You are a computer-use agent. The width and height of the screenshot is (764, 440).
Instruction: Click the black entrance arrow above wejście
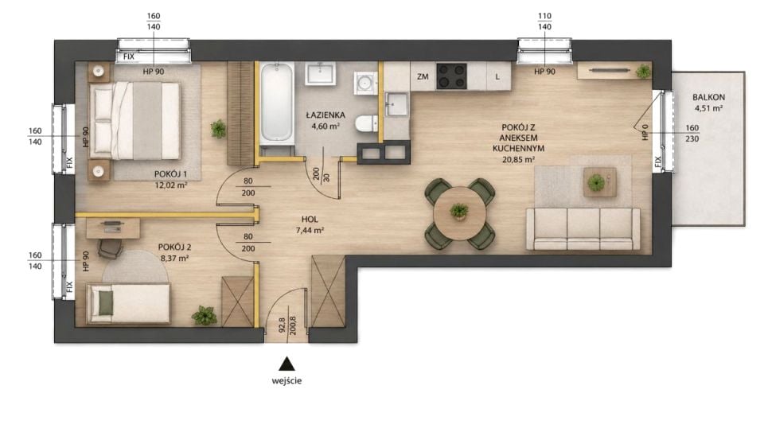pyautogui.click(x=287, y=364)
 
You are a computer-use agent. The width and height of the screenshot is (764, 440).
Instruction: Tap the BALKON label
pyautogui.click(x=708, y=97)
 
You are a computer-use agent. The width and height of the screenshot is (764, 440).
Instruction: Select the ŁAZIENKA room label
pyautogui.click(x=325, y=115)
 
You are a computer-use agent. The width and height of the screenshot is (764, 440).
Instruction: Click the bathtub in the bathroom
pyautogui.click(x=276, y=103)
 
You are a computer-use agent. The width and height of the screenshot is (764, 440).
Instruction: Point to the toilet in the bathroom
pyautogui.click(x=366, y=123)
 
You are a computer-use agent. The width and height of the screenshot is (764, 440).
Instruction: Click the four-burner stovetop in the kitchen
pyautogui.click(x=452, y=76)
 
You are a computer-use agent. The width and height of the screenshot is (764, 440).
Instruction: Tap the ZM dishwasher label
pyautogui.click(x=423, y=76)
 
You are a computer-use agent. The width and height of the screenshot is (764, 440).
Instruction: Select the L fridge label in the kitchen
pyautogui.click(x=497, y=76)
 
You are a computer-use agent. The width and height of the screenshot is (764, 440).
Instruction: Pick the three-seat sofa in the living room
pyautogui.click(x=583, y=229)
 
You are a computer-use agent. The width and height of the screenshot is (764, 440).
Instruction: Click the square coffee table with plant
pyautogui.click(x=600, y=182)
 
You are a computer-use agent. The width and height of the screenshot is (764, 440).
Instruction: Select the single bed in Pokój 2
pyautogui.click(x=128, y=304)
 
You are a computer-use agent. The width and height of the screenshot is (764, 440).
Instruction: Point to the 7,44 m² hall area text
pyautogui.click(x=310, y=231)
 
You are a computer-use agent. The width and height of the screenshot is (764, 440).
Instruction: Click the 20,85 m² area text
pyautogui.click(x=518, y=159)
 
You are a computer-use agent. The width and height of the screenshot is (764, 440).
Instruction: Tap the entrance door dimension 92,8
pyautogui.click(x=281, y=325)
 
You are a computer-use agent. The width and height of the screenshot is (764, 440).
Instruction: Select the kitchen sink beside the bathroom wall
pyautogui.click(x=396, y=104)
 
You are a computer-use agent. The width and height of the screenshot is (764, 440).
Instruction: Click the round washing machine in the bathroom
pyautogui.click(x=365, y=82)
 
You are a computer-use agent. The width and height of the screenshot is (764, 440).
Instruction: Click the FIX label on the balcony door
pyautogui.click(x=658, y=162)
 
